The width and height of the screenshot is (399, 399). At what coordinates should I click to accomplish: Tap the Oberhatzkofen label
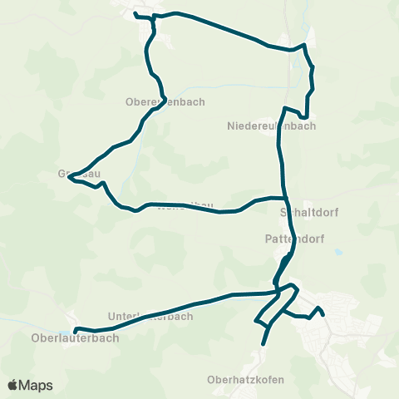click(x=247, y=380)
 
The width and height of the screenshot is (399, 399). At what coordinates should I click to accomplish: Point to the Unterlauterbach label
click(x=150, y=317)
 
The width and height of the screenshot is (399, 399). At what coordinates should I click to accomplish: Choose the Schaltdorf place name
click(x=308, y=212)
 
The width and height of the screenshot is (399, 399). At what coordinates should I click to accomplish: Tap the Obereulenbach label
click(x=164, y=102)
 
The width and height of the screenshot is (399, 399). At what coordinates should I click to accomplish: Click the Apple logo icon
click(x=13, y=385)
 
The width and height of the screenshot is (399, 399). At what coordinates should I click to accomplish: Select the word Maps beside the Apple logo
click(x=37, y=385)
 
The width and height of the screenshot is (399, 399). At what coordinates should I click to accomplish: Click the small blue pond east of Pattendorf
click(x=338, y=251)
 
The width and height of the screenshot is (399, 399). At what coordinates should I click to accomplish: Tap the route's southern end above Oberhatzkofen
click(x=264, y=344)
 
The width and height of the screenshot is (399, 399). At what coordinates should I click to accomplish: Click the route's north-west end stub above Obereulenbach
click(x=135, y=14)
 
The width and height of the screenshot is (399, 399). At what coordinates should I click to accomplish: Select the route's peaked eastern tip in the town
click(x=318, y=309)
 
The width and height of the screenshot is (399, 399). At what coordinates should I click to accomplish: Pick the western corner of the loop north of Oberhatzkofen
click(x=259, y=321)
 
